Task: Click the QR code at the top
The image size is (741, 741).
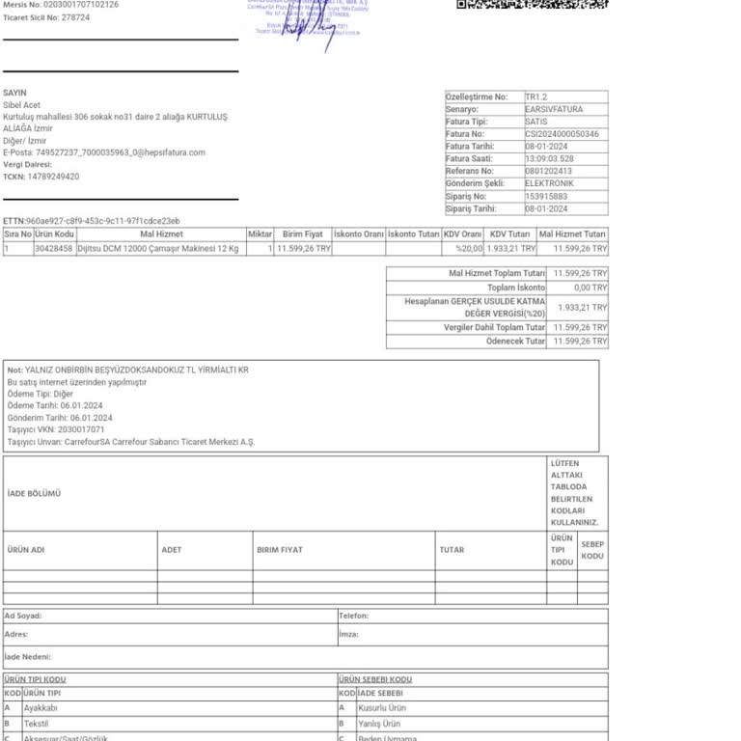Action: (x=532, y=5)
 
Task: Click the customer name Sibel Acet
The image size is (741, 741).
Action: (x=22, y=105)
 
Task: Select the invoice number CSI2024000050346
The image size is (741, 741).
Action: (x=562, y=134)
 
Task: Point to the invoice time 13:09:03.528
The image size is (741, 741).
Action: (x=549, y=159)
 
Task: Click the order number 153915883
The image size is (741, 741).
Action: (x=546, y=196)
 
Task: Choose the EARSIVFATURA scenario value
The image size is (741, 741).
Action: (x=554, y=109)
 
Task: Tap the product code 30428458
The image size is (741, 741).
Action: (x=54, y=248)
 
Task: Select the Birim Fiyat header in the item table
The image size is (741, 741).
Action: (x=302, y=234)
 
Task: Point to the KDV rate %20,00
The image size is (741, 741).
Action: (x=469, y=248)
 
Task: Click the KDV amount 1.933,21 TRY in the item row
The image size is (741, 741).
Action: (x=510, y=248)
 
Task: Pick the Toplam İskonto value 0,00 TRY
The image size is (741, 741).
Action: (x=590, y=288)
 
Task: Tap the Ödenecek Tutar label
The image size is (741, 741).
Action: (x=516, y=342)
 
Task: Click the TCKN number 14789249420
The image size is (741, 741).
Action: (x=53, y=177)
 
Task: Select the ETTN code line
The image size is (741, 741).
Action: (x=92, y=221)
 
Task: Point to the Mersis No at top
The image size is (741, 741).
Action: (x=61, y=5)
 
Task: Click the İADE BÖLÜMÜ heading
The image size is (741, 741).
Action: (x=34, y=493)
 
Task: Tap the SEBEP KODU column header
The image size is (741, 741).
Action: (x=592, y=550)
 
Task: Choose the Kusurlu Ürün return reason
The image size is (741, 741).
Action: (x=381, y=708)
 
